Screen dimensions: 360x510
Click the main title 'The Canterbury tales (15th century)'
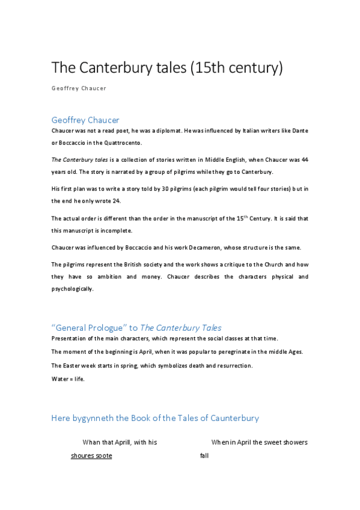pos(166,68)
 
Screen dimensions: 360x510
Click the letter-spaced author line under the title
pos(79,88)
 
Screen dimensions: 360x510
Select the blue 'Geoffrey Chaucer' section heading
pos(85,120)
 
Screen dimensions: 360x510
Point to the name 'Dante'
pos(300,131)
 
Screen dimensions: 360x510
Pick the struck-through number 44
pos(305,160)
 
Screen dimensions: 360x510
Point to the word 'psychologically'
pos(72,289)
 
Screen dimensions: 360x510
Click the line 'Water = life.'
pos(68,379)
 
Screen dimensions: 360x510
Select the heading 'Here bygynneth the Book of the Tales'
pos(155,418)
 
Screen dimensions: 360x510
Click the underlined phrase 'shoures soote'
pos(91,456)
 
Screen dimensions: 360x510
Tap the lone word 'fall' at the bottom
pos(204,456)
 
